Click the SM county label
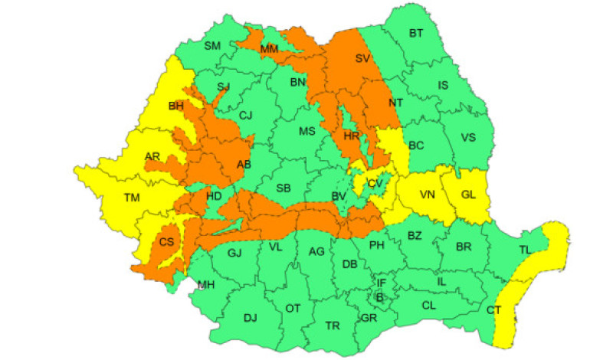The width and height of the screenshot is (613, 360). [212, 46]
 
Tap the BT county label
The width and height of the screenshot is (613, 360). [416, 34]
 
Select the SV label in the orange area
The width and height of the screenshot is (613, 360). [362, 58]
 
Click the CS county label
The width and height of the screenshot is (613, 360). [166, 242]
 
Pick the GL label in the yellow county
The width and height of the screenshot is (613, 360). [469, 194]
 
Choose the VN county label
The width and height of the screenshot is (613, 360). [427, 194]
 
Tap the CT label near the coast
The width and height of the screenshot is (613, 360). [494, 309]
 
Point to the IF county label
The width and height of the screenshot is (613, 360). [381, 283]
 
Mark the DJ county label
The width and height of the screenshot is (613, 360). [250, 317]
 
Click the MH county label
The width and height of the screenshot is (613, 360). [206, 285]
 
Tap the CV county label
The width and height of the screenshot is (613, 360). [375, 183]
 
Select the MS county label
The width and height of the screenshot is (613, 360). [306, 131]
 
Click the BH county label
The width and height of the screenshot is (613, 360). [175, 106]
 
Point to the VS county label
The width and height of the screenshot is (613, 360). [468, 137]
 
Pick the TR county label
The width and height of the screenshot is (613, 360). [333, 326]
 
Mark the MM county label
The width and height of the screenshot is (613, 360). [269, 49]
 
